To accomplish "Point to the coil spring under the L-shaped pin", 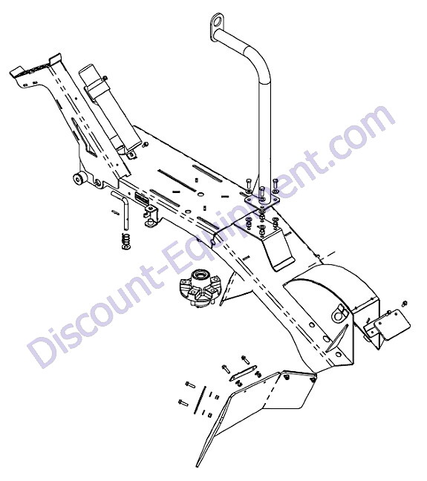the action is pyautogui.click(x=126, y=241).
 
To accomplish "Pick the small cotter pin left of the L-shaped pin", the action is pyautogui.click(x=115, y=212).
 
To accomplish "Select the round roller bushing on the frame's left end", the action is pyautogui.click(x=79, y=178).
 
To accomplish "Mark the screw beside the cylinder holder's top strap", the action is pyautogui.click(x=105, y=78).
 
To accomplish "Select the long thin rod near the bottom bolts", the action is pyautogui.click(x=201, y=400).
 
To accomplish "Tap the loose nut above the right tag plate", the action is pyautogui.click(x=404, y=304).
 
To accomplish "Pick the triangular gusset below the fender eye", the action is pyautogui.click(x=336, y=338).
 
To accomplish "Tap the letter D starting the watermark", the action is pyautogui.click(x=42, y=350).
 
